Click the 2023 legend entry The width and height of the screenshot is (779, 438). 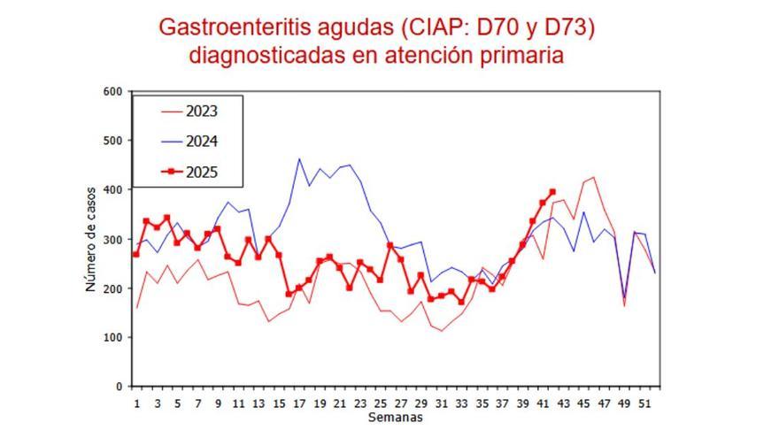[x=201, y=111]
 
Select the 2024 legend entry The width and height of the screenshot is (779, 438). [x=201, y=142]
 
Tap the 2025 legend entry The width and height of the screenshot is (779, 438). [x=201, y=173]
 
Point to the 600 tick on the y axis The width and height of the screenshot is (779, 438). [x=112, y=91]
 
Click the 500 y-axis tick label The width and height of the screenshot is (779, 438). [x=112, y=141]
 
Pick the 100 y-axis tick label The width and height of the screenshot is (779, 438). [x=112, y=337]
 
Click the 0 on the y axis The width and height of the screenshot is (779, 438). [x=119, y=387]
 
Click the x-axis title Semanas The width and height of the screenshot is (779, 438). [x=395, y=417]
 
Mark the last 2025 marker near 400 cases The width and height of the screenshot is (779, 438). [x=552, y=191]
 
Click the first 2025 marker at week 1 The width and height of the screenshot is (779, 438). [x=136, y=255]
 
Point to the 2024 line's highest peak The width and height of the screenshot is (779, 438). [x=299, y=159]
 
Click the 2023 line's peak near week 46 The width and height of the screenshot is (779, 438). [x=593, y=178]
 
